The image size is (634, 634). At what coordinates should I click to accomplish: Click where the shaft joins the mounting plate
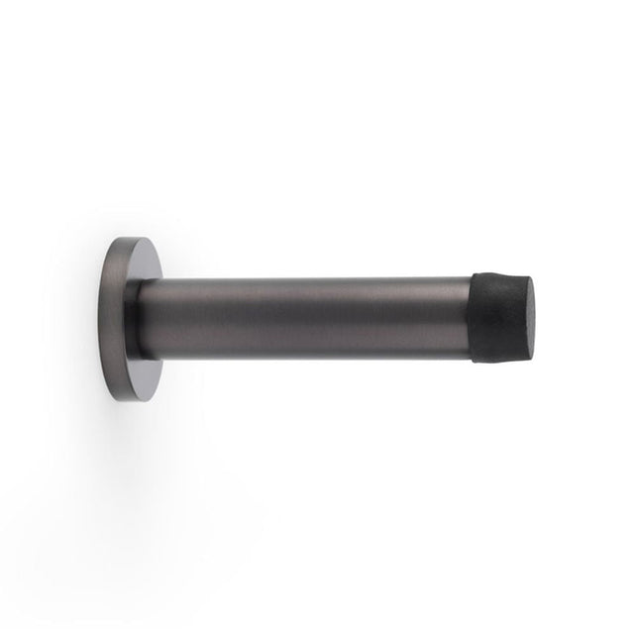[x=144, y=319]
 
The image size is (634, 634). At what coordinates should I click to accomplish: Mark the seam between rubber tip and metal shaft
[x=473, y=317]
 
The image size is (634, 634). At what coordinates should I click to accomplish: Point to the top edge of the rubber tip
[x=500, y=275]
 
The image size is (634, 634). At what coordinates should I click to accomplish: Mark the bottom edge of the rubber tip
[x=500, y=359]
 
